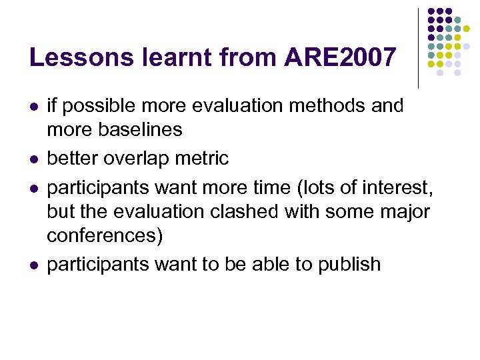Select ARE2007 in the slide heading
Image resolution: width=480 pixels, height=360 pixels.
tap(339, 58)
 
